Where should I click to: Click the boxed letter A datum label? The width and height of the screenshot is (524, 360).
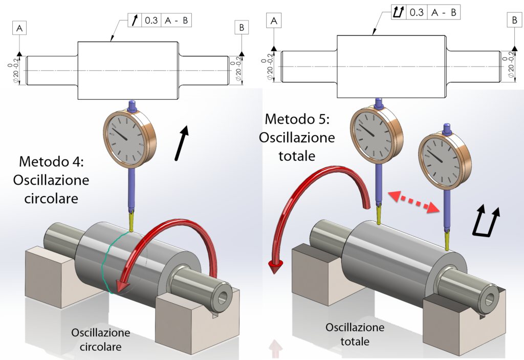click(19, 29)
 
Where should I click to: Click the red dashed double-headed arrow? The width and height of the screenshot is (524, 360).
click(413, 200)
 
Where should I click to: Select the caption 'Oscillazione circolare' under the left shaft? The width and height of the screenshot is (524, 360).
click(100, 340)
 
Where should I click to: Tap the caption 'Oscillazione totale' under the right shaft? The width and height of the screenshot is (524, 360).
click(355, 334)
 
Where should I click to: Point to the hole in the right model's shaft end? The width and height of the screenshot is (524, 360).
click(490, 298)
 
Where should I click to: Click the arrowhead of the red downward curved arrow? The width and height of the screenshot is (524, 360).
click(276, 267)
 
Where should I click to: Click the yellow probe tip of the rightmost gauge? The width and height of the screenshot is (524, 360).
click(447, 239)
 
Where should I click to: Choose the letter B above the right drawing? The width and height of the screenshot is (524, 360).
click(514, 20)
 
